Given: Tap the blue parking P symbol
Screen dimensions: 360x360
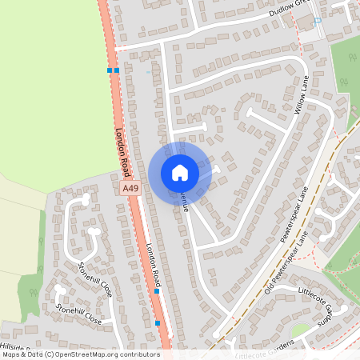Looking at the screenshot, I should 318,22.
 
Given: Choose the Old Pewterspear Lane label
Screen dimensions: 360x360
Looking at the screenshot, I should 286,265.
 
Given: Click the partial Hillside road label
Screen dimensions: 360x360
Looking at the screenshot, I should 16,348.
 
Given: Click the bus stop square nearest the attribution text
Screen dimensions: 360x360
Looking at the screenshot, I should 158,323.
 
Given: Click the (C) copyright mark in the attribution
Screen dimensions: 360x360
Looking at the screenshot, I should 50,354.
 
